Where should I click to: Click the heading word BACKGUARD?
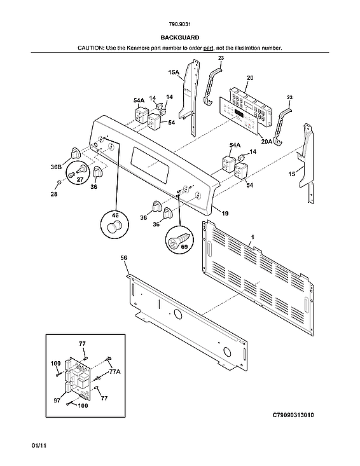(179, 38)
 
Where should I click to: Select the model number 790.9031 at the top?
(179, 26)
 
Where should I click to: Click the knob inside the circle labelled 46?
(114, 228)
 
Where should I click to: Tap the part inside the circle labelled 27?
(81, 171)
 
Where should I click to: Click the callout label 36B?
(56, 167)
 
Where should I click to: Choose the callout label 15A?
(173, 74)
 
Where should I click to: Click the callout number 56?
(124, 258)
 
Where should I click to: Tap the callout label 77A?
(114, 371)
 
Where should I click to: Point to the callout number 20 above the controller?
(250, 78)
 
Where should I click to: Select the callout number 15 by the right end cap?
(292, 173)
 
